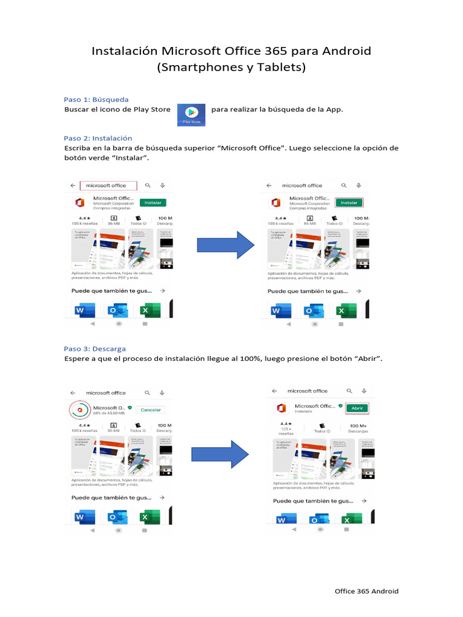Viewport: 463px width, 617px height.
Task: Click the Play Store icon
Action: point(191,114)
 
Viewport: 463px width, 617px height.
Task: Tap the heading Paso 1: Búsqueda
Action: point(96,99)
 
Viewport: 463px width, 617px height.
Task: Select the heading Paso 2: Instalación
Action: point(98,138)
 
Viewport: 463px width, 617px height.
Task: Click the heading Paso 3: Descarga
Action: point(95,349)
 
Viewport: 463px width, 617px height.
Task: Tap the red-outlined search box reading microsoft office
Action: point(109,186)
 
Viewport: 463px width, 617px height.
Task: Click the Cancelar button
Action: point(150,410)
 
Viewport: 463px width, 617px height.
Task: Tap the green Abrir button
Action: point(356,408)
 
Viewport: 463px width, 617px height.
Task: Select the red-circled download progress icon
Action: point(80,410)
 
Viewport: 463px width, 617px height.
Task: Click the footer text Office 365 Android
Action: point(367,591)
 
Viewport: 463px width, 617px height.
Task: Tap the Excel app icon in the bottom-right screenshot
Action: point(347,519)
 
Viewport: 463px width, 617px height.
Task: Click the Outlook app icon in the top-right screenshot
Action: point(312,311)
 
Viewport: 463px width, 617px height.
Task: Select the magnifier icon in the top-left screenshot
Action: point(148,186)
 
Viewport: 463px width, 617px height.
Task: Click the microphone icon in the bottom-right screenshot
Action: point(364,390)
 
